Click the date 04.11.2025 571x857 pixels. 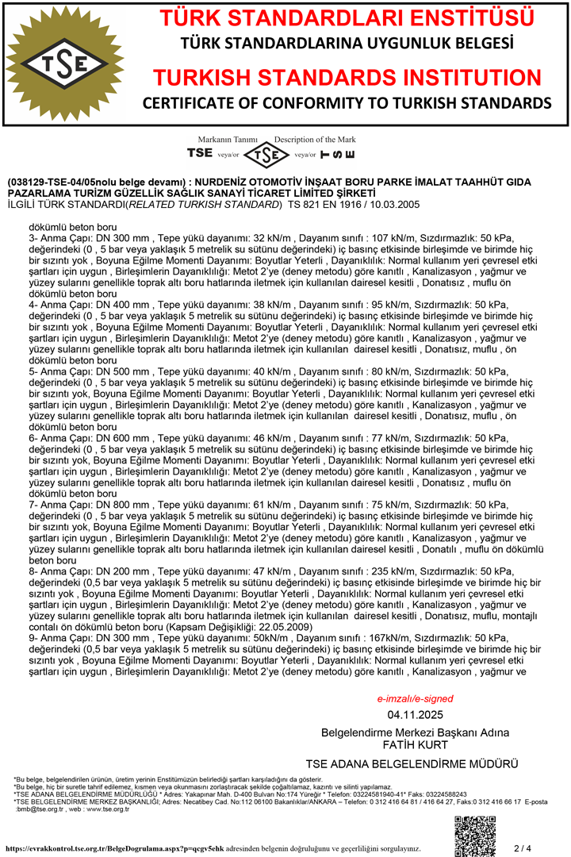[x=415, y=715]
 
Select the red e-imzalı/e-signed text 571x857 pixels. [x=415, y=699]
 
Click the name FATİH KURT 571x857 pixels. [x=415, y=745]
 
